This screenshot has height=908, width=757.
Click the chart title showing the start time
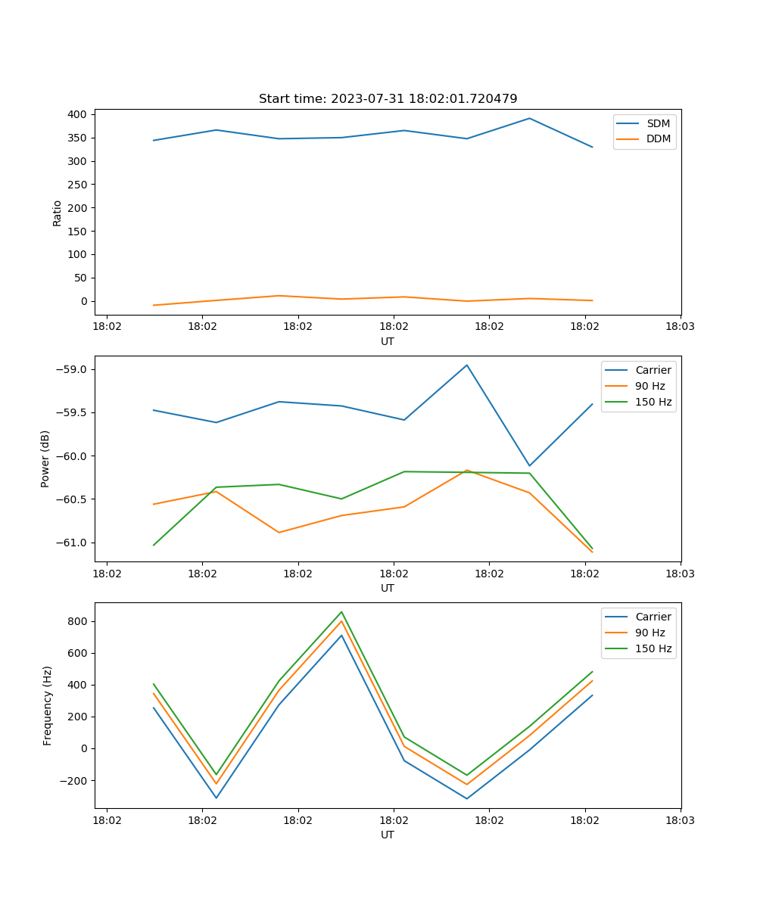click(388, 99)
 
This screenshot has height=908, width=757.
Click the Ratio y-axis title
click(58, 213)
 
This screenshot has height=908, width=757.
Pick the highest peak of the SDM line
click(529, 118)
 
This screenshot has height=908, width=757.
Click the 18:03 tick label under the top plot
click(680, 327)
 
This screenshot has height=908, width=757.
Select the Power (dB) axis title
click(45, 459)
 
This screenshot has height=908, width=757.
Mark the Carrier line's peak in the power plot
click(466, 365)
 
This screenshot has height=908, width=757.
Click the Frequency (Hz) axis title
click(47, 705)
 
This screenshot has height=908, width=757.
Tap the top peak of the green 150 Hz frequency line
click(341, 611)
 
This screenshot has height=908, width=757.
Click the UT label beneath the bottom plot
click(388, 835)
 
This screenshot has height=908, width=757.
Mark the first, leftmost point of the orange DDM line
click(154, 305)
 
